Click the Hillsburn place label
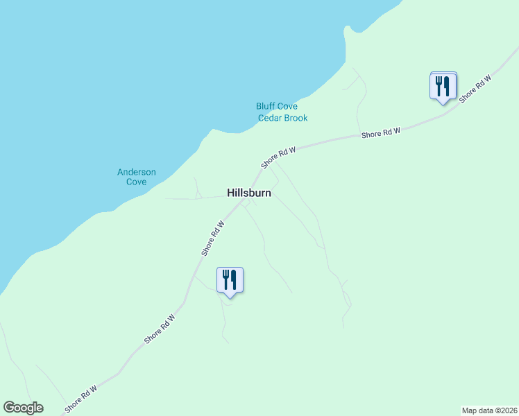click(249, 193)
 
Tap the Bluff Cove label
click(276, 107)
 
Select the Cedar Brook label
click(282, 118)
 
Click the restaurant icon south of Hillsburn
click(230, 280)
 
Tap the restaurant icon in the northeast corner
click(443, 86)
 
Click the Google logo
click(23, 408)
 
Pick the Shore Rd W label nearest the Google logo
click(80, 399)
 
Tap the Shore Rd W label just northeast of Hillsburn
click(278, 157)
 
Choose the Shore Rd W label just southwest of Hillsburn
click(213, 239)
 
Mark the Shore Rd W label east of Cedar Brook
click(380, 133)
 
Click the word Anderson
click(137, 172)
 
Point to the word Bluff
click(266, 107)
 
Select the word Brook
click(295, 118)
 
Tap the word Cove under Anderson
click(137, 182)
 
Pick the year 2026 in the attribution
click(506, 410)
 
